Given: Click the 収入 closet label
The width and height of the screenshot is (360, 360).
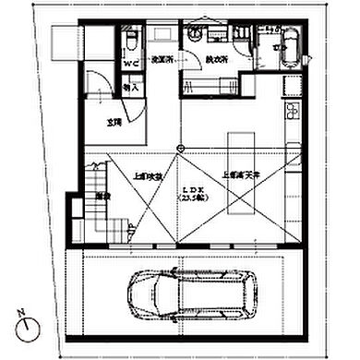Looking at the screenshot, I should coord(130,88).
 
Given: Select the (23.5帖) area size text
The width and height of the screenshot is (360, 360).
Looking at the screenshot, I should coord(192,198).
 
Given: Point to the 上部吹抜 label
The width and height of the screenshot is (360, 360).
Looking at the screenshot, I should coord(148,174).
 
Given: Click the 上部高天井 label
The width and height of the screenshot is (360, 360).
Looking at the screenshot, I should coord(239,174).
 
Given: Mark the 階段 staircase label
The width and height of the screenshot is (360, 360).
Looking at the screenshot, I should coord(103,197).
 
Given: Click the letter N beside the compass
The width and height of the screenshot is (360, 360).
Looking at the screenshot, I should coord(20,312).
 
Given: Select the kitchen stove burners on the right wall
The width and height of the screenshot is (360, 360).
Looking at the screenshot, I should coord(296,114).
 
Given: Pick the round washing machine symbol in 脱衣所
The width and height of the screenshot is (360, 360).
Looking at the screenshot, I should coord(197,31).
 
